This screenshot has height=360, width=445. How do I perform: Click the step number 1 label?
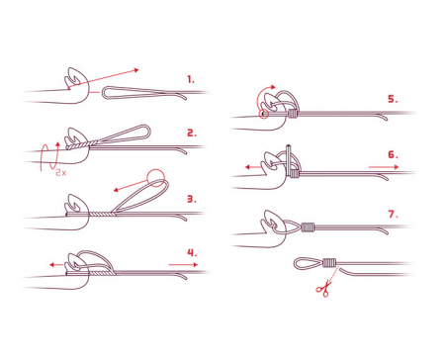click(191, 79)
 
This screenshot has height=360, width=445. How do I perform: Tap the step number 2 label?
click(192, 133)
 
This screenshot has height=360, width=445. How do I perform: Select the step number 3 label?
click(192, 199)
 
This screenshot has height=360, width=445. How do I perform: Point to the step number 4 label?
click(192, 252)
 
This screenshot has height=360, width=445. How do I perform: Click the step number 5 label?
click(393, 99)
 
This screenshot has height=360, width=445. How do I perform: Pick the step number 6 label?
click(393, 154)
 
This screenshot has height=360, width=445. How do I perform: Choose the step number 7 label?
click(393, 214)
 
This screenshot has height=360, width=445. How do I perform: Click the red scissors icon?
click(323, 288)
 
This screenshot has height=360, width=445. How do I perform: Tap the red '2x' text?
click(60, 172)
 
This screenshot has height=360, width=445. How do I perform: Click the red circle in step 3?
click(155, 178)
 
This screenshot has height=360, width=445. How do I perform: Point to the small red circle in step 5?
click(264, 113)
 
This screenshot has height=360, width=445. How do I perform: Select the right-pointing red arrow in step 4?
click(183, 264)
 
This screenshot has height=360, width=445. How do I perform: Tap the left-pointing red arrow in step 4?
click(56, 264)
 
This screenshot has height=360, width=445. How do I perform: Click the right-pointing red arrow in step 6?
click(384, 167)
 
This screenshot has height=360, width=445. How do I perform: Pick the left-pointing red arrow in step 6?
click(253, 167)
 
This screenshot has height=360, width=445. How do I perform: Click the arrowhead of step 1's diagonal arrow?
click(136, 69)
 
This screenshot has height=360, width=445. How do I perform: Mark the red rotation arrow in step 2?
click(49, 156)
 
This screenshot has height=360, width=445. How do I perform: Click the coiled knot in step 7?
click(308, 226)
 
